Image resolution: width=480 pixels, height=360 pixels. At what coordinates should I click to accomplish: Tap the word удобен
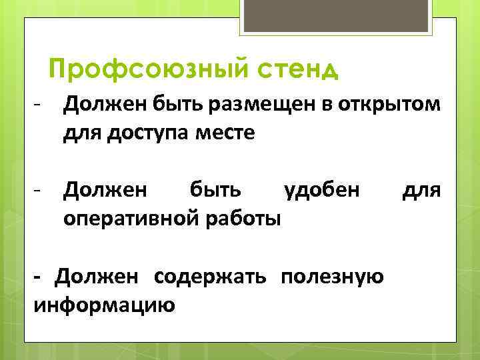(322, 191)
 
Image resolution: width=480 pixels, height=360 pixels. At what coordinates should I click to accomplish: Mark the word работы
(247, 218)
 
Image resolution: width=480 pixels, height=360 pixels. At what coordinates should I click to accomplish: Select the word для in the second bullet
(422, 191)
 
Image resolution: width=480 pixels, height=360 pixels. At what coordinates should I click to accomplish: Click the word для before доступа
(81, 133)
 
